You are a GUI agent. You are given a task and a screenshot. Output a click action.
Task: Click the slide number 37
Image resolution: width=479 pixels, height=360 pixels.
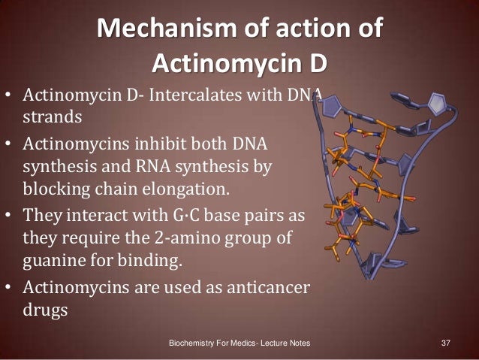444,343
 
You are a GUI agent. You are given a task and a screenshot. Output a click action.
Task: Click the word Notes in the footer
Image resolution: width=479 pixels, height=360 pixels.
297,343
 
